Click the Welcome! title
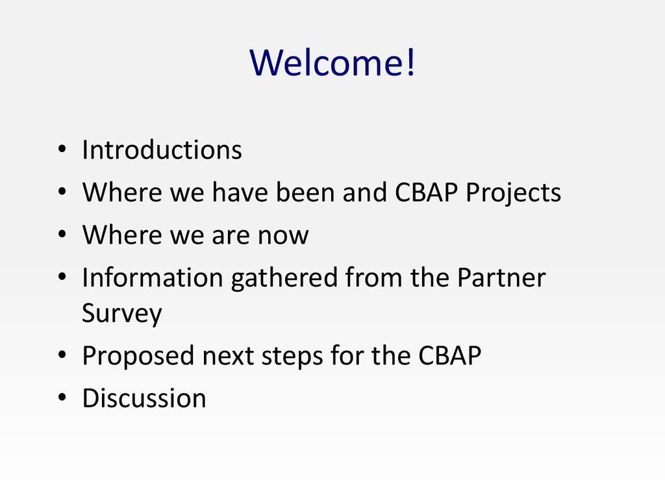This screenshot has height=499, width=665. pos(332,62)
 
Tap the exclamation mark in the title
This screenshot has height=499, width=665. pos(410,62)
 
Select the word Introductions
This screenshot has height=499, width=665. pos(162,150)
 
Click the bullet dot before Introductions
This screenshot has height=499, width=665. pos(62,149)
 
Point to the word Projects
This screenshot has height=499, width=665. pos(513,193)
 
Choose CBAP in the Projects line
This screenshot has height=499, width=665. pos(426,192)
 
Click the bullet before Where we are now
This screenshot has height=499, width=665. pos(62,234)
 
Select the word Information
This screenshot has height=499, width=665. pos(153,277)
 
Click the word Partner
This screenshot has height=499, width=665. pos(501,277)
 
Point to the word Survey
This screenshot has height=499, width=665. pos(122,314)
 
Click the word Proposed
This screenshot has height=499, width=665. pos(138,357)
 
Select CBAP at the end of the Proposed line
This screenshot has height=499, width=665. pos(449,355)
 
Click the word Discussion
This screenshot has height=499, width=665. pos(144,398)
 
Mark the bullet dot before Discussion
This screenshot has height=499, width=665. pos(62,397)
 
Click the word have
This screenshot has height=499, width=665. pos(240,192)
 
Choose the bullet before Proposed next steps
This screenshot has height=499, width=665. pos(62,355)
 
